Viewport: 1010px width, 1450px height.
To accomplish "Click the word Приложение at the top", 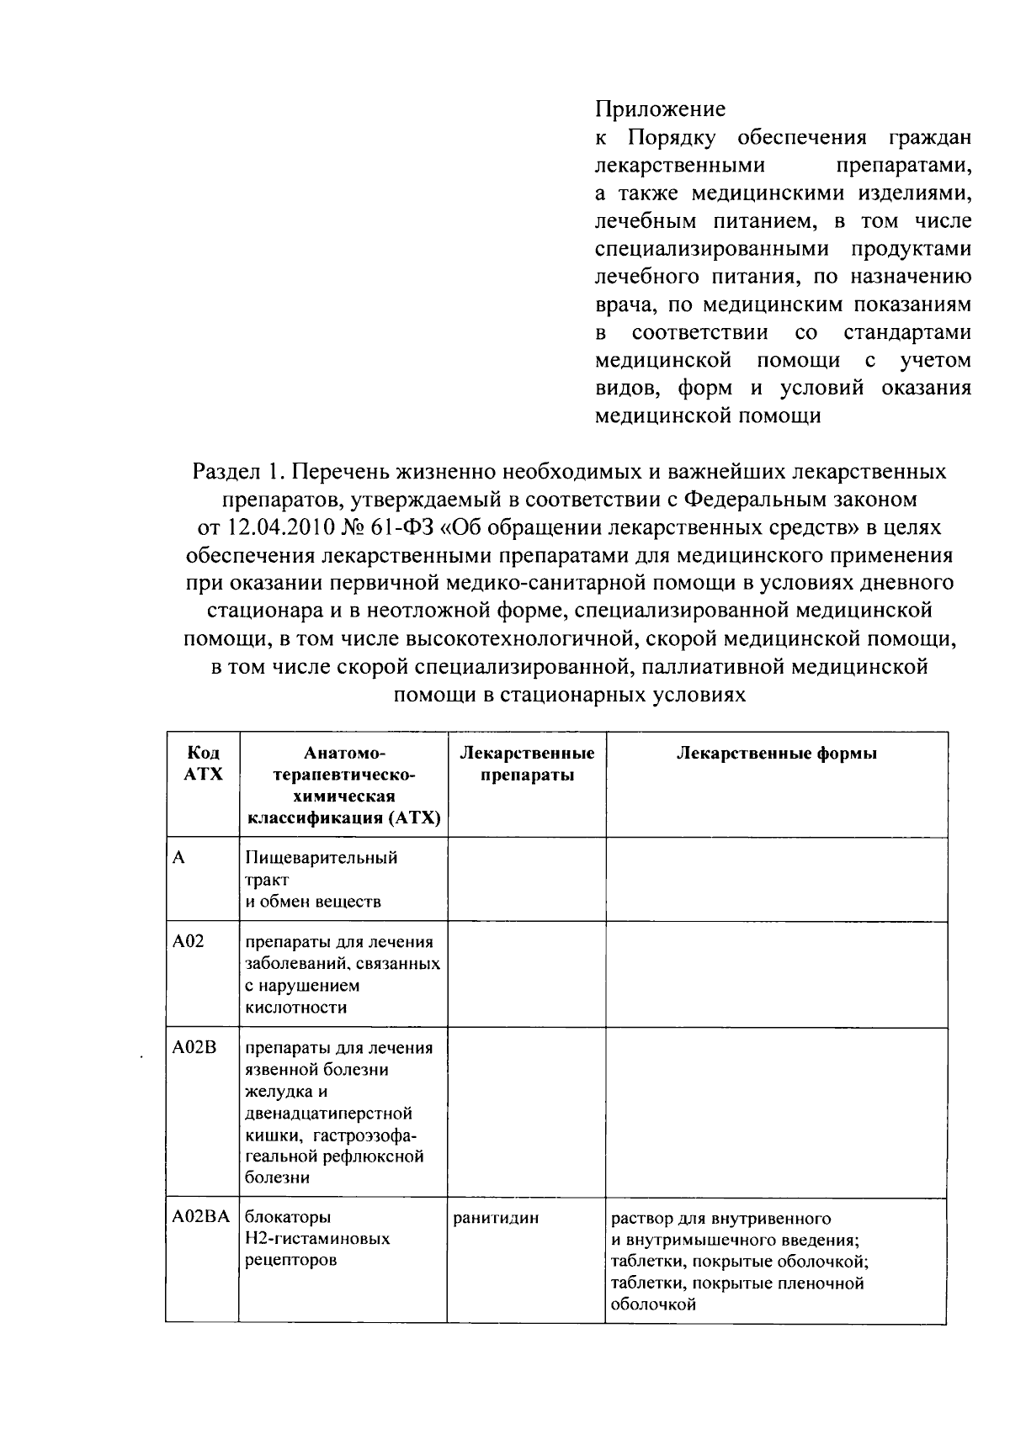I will tap(660, 109).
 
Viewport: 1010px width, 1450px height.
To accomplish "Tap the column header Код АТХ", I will tap(203, 763).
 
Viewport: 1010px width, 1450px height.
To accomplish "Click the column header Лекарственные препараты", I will tap(527, 763).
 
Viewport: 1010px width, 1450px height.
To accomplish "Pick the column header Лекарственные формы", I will tap(776, 753).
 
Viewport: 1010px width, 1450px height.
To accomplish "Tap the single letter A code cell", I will tap(178, 858).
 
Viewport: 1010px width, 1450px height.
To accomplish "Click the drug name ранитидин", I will tap(496, 1217).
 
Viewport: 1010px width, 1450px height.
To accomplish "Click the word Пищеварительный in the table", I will tap(321, 858).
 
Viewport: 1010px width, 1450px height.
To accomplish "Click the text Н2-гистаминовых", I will tap(317, 1239).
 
